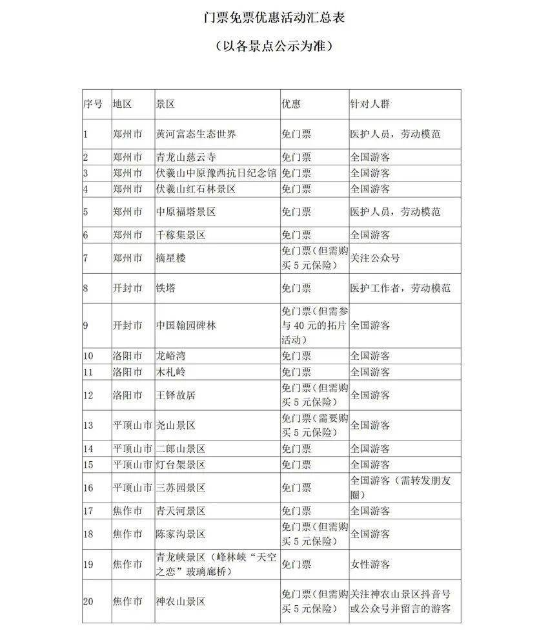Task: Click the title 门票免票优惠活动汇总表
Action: click(x=274, y=17)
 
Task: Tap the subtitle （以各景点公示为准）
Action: click(x=274, y=47)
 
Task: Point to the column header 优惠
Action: click(x=292, y=103)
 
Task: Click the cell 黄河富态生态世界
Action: click(x=196, y=134)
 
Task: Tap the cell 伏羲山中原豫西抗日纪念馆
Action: click(x=216, y=173)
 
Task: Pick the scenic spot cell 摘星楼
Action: click(x=171, y=258)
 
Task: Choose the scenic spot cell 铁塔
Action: click(x=166, y=289)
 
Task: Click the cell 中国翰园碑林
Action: click(x=187, y=326)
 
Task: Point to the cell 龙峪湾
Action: click(x=171, y=356)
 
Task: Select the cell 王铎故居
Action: click(x=176, y=395)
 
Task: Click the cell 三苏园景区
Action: click(x=181, y=488)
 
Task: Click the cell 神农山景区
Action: click(x=181, y=601)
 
